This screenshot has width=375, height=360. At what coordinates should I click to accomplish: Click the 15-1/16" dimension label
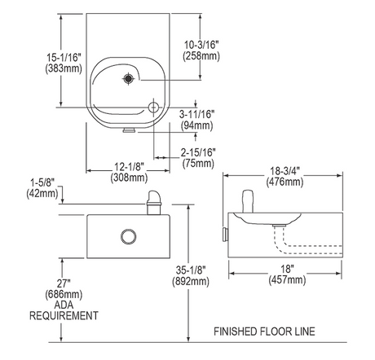pyautogui.click(x=64, y=57)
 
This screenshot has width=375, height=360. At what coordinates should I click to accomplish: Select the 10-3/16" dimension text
pyautogui.click(x=201, y=45)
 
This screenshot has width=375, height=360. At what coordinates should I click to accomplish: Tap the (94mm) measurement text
pyautogui.click(x=196, y=125)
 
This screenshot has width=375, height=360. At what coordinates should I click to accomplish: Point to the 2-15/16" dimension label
pyautogui.click(x=198, y=152)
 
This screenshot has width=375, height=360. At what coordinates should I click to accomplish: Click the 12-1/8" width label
pyautogui.click(x=129, y=166)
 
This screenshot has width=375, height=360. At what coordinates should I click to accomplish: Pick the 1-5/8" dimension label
pyautogui.click(x=42, y=182)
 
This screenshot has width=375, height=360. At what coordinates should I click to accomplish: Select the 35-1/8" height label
pyautogui.click(x=191, y=270)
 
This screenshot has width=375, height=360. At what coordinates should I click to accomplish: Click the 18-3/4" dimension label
pyautogui.click(x=285, y=171)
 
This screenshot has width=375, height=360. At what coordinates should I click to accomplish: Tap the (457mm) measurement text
pyautogui.click(x=287, y=279)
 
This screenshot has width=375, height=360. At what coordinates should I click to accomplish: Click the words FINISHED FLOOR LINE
pyautogui.click(x=264, y=331)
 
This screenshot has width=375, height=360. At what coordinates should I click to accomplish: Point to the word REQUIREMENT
pyautogui.click(x=64, y=316)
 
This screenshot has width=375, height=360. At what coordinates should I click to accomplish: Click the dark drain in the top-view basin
pyautogui.click(x=128, y=79)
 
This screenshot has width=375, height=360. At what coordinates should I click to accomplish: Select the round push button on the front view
pyautogui.click(x=128, y=236)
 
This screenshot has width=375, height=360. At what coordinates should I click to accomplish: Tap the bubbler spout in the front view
pyautogui.click(x=154, y=203)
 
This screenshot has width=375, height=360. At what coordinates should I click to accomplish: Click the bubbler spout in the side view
pyautogui.click(x=248, y=201)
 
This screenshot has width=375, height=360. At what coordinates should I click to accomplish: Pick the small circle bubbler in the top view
pyautogui.click(x=153, y=108)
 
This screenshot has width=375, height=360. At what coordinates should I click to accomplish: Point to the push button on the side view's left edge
pyautogui.click(x=225, y=235)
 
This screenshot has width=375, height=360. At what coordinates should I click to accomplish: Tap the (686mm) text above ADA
pyautogui.click(x=64, y=294)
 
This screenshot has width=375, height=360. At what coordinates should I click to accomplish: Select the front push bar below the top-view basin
pyautogui.click(x=129, y=130)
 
